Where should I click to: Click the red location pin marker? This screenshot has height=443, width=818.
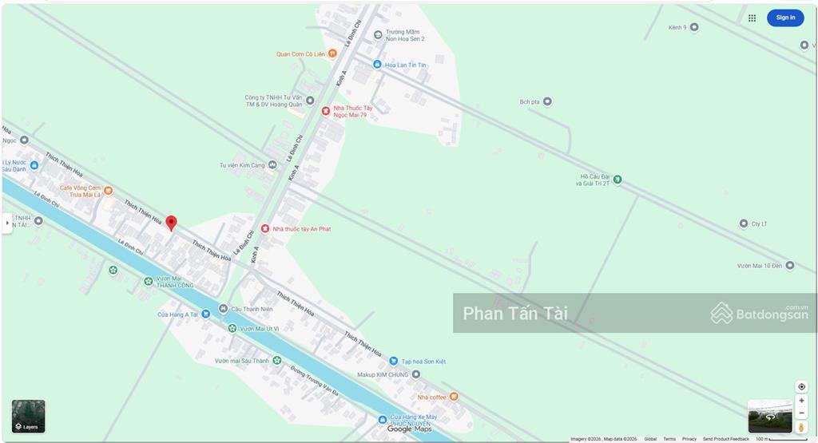(171, 223)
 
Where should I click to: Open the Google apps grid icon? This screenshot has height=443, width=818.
(752, 18)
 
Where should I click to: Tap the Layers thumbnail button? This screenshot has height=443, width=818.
(29, 416)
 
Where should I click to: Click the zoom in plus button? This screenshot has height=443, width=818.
(801, 401)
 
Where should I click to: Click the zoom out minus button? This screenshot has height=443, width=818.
(801, 413)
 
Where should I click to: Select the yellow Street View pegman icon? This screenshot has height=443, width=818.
(801, 428)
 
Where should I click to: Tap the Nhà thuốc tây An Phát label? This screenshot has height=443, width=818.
(302, 229)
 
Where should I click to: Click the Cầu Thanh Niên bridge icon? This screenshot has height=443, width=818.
(224, 309)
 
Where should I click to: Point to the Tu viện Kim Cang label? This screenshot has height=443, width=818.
(242, 165)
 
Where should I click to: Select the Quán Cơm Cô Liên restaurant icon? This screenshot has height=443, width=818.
(332, 53)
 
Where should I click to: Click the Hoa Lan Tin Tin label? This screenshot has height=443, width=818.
(406, 65)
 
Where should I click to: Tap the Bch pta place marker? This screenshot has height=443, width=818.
(547, 101)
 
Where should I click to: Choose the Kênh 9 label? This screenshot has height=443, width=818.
(677, 28)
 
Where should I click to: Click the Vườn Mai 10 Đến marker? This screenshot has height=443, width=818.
(789, 266)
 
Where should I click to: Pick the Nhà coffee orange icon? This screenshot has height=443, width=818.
(454, 397)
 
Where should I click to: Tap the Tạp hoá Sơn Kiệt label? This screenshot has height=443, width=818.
(423, 362)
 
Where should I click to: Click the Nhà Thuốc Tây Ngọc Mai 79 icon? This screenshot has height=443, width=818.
(326, 111)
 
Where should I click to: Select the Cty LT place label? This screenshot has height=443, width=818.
(759, 224)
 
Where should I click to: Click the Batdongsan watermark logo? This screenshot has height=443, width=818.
(760, 313)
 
